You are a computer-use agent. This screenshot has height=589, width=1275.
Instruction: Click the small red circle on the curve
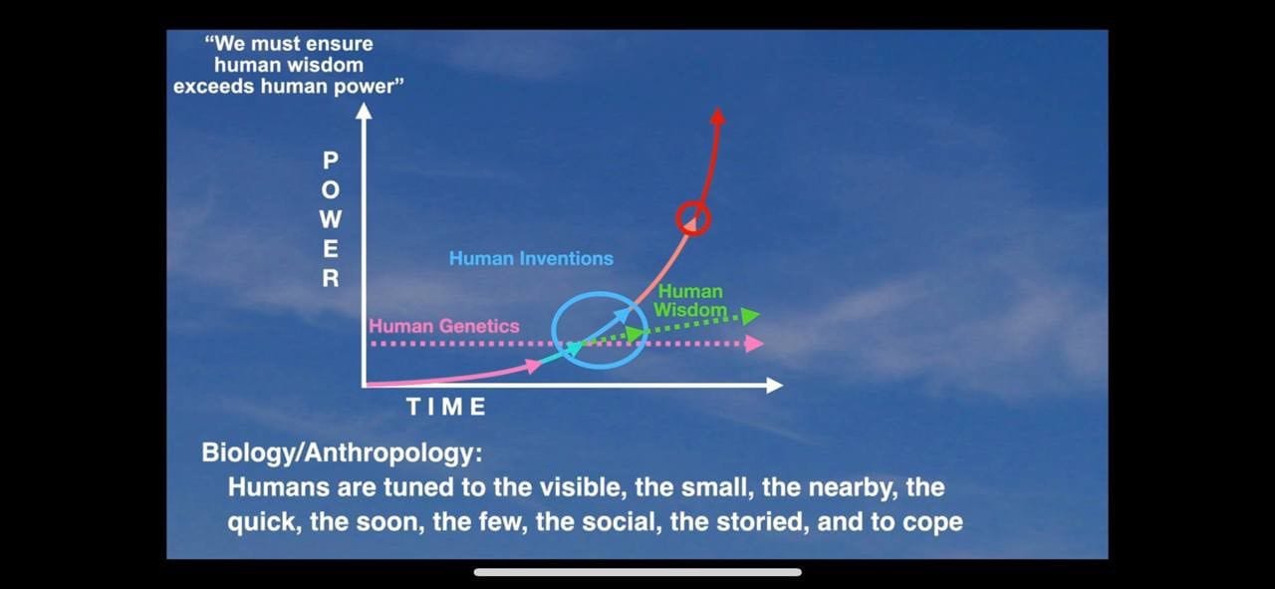(x=677, y=218)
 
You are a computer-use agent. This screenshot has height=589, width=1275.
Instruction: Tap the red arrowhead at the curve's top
(x=718, y=117)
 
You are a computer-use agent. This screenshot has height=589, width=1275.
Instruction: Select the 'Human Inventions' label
(x=531, y=258)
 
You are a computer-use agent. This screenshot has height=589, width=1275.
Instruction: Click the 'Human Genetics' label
(x=444, y=326)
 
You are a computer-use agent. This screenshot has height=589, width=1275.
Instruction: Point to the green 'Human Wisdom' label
(x=690, y=301)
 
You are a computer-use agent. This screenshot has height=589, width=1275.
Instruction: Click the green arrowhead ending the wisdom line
(x=751, y=316)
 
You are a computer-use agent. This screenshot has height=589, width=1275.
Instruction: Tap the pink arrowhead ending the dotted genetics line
(x=755, y=344)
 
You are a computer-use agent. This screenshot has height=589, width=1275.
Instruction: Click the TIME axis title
(x=446, y=407)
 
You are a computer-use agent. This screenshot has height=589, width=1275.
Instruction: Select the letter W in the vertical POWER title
(x=331, y=219)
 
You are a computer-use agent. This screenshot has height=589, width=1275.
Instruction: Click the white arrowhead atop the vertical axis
(x=364, y=111)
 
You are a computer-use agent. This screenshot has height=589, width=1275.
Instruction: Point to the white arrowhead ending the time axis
(x=775, y=386)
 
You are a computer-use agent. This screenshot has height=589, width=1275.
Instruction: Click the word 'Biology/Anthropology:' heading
(x=342, y=452)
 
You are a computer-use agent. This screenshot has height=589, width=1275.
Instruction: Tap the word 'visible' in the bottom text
(x=581, y=487)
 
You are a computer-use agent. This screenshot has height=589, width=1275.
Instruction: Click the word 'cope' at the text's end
(x=935, y=523)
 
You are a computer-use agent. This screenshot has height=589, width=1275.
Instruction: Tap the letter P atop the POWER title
(x=331, y=160)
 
